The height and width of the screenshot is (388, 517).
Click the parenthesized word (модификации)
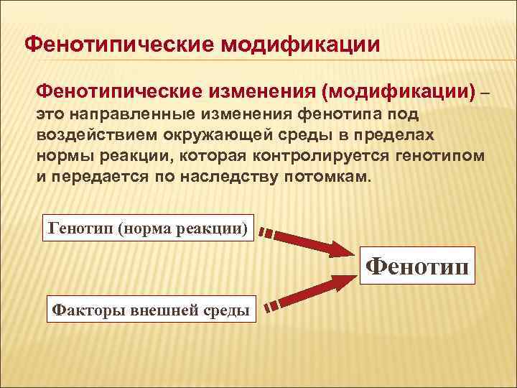tap(401, 92)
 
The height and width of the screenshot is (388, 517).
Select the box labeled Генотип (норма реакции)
tap(149, 228)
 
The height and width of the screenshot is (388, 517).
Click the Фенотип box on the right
tap(418, 267)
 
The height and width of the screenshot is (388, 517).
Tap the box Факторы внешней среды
tap(151, 310)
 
